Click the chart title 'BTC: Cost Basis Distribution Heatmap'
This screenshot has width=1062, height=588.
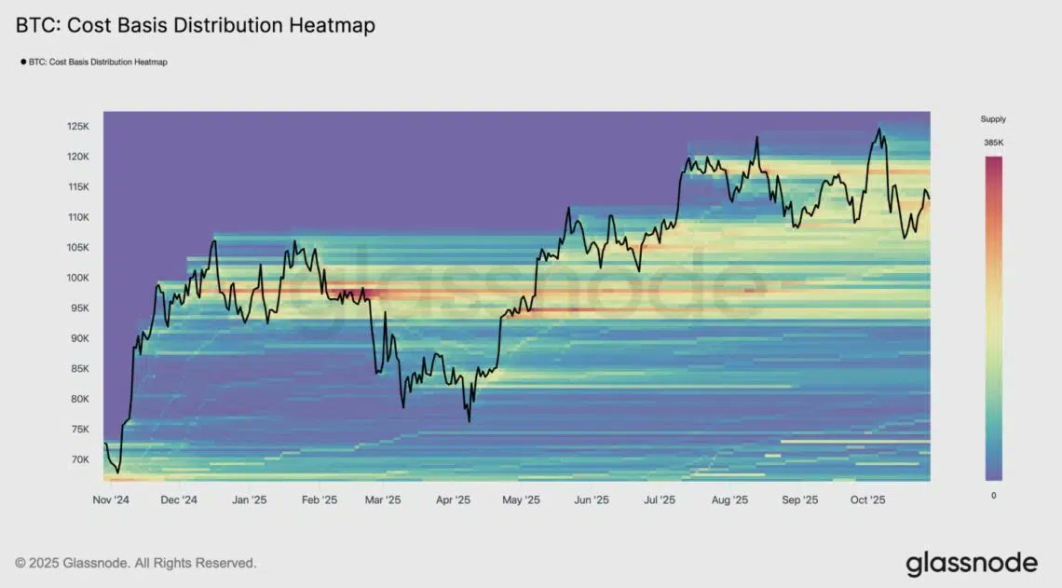[x=196, y=26]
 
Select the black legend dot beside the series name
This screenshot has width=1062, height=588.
[x=22, y=62]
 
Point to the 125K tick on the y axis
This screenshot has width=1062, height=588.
[x=76, y=127]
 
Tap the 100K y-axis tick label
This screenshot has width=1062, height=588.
[x=76, y=278]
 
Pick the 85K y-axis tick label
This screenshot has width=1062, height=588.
[x=78, y=369]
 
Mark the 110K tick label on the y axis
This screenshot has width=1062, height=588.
[x=76, y=217]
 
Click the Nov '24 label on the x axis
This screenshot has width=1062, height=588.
[x=111, y=499]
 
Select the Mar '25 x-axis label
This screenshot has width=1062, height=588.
[x=382, y=499]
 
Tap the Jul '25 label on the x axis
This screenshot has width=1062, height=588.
[x=659, y=499]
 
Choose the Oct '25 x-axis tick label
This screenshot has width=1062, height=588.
[x=866, y=499]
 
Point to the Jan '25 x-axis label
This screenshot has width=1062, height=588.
[x=248, y=499]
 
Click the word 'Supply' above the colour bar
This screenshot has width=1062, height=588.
[x=993, y=119]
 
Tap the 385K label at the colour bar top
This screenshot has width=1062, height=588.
[x=993, y=143]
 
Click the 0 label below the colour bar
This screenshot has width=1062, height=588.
[x=993, y=495]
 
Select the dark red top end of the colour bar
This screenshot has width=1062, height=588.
[x=993, y=160]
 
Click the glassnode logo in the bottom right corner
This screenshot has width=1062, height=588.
[x=971, y=563]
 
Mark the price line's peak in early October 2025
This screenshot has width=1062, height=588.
[x=878, y=130]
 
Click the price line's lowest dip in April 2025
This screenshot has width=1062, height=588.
[x=469, y=421]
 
